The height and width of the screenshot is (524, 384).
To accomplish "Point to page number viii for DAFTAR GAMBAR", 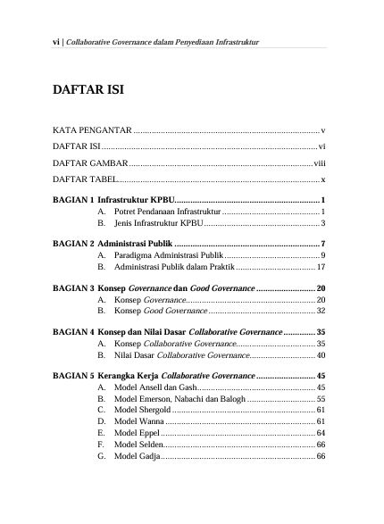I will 319,164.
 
